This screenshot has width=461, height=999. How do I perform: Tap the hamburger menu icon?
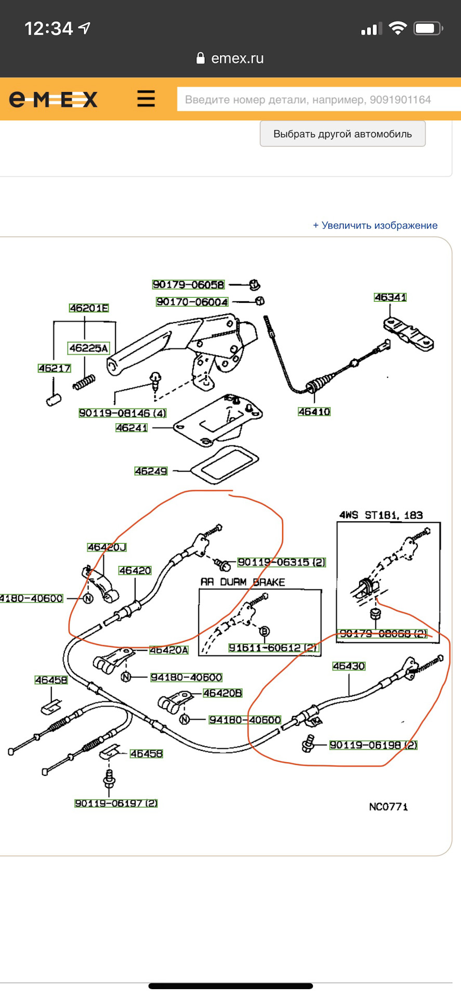[x=146, y=98]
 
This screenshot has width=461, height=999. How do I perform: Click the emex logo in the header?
[x=53, y=99]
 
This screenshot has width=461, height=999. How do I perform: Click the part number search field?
[x=317, y=99]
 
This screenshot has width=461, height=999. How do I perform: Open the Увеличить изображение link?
[x=375, y=225]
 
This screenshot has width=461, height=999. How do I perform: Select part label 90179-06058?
[x=188, y=285]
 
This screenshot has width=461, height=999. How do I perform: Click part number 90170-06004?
[x=192, y=302]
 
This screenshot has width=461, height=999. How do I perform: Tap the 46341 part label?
[x=390, y=297]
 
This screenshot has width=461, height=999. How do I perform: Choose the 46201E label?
[x=89, y=308]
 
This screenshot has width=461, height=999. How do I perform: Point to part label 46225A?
[x=89, y=348]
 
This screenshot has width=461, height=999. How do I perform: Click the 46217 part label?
[x=55, y=368]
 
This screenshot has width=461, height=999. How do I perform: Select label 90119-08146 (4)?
[x=123, y=413]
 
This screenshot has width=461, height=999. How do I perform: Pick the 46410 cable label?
[x=314, y=412]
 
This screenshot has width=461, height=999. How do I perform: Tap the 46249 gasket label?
[x=151, y=471]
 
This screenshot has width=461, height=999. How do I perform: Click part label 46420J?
[x=107, y=547]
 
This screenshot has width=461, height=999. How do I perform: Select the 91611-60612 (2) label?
[x=273, y=648]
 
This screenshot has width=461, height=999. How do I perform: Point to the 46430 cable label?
[x=349, y=666]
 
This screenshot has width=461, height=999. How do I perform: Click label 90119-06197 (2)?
[x=116, y=803]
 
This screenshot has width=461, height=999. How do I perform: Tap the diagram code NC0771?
[x=388, y=807]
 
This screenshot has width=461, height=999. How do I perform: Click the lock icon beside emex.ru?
[x=201, y=58]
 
